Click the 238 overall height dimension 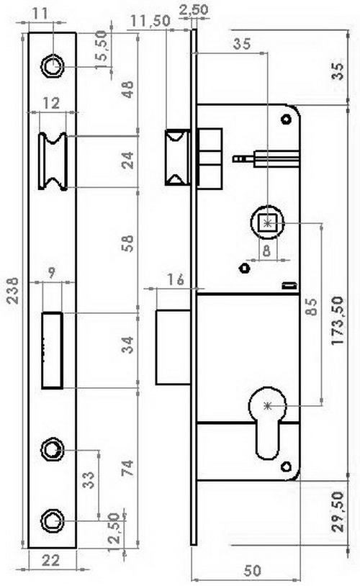[13, 290]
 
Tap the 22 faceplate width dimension [50, 561]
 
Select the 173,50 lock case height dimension [338, 320]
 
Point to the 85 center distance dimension [312, 307]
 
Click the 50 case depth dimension [252, 571]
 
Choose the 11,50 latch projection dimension [150, 22]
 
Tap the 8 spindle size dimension [266, 251]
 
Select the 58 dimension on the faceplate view [128, 243]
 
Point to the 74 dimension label [127, 469]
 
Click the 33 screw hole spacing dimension [89, 480]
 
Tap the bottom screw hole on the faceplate [53, 520]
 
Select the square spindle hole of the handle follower [268, 223]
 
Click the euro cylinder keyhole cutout [268, 423]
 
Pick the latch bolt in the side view [178, 157]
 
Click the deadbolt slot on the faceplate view [52, 350]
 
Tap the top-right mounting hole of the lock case [287, 120]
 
